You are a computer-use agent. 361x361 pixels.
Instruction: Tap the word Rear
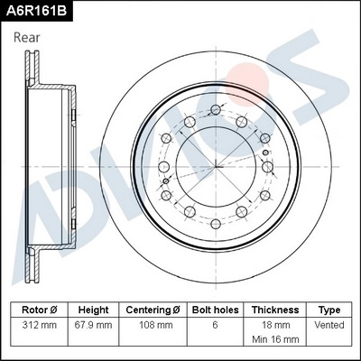click(28, 38)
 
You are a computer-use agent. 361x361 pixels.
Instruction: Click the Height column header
click(93, 309)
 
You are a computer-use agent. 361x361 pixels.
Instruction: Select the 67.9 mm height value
click(93, 324)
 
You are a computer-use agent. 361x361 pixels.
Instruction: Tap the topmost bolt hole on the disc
click(215, 110)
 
